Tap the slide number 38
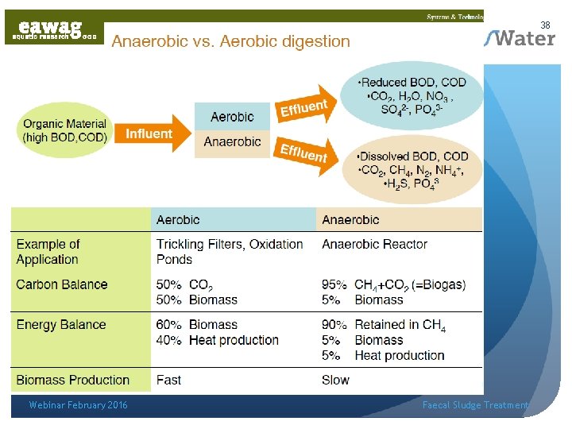[545, 25]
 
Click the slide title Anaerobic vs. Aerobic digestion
[230, 41]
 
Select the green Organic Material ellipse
[64, 130]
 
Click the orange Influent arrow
[153, 134]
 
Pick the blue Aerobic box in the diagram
[232, 117]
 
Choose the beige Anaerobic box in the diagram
[232, 142]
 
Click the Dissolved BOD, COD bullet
[413, 157]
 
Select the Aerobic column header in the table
[178, 220]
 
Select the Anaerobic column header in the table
[350, 220]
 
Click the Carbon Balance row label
[62, 284]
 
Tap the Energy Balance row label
[61, 324]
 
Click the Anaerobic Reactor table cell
[374, 244]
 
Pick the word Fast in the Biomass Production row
[169, 380]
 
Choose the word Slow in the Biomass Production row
[335, 380]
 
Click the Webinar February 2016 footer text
[78, 405]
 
